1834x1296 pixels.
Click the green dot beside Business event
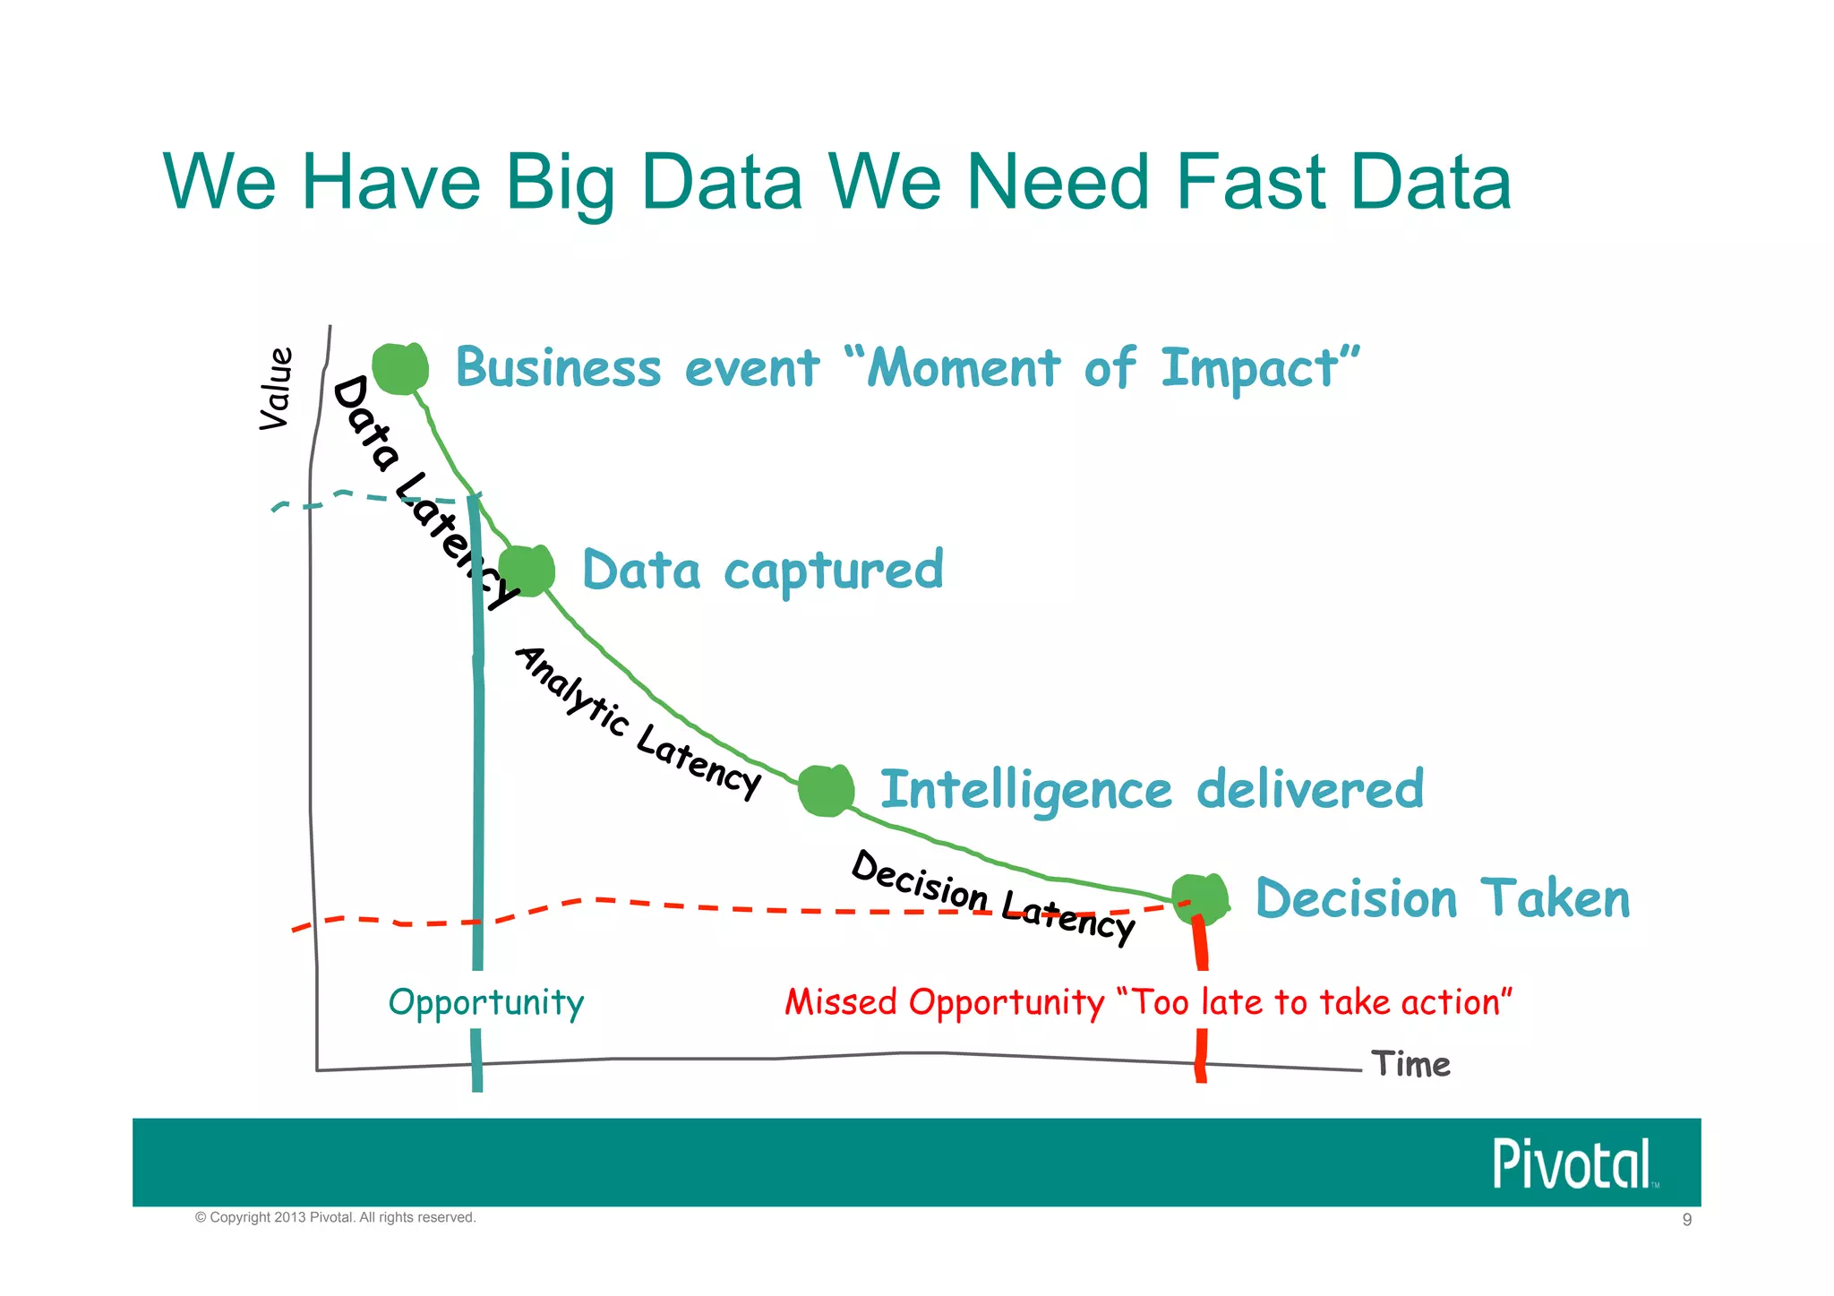click(400, 367)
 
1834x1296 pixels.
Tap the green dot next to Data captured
click(527, 570)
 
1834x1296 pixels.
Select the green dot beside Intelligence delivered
click(826, 790)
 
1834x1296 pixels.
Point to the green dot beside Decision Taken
click(1200, 898)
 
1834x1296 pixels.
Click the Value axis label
click(276, 389)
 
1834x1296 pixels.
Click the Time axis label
click(1411, 1065)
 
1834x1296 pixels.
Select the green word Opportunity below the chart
click(486, 1003)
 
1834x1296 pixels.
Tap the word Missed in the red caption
click(841, 1002)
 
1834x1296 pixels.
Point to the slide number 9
click(1687, 1220)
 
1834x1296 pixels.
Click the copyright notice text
click(336, 1218)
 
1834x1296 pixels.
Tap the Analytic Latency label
click(638, 722)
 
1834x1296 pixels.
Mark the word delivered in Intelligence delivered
click(1310, 789)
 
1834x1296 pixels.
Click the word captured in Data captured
click(834, 571)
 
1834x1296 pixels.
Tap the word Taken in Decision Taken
click(1555, 899)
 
